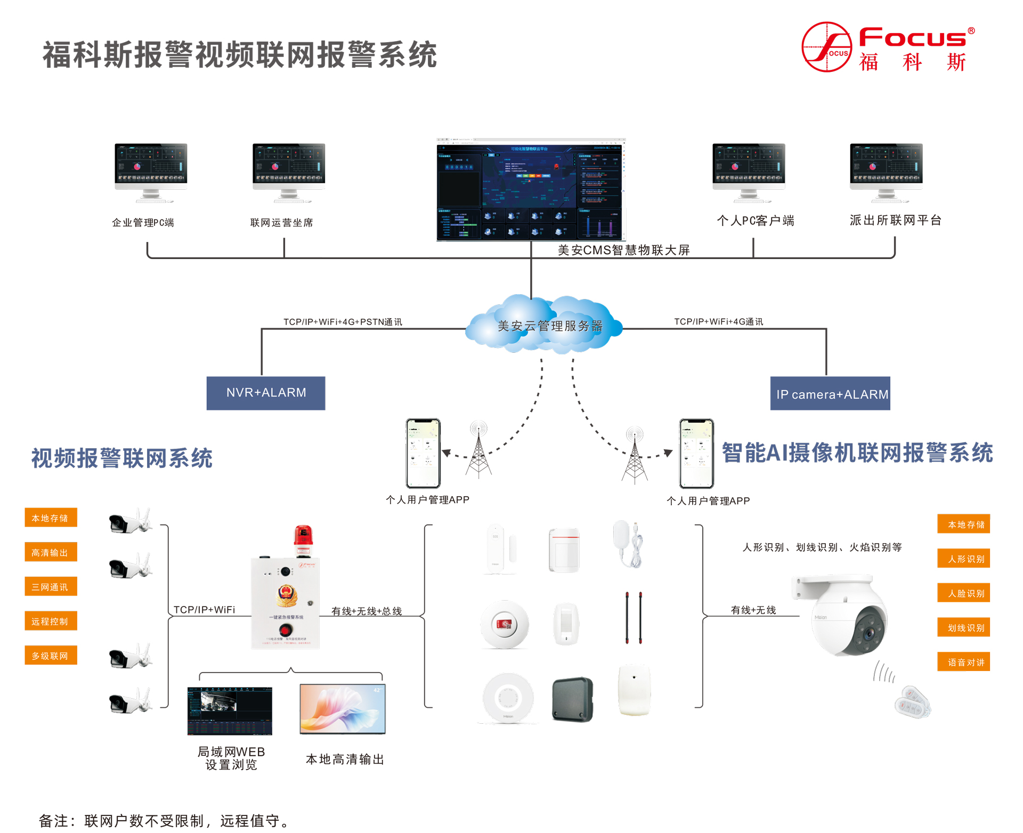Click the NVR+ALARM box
pyautogui.click(x=265, y=393)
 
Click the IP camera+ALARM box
pyautogui.click(x=830, y=394)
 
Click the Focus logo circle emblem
pyautogui.click(x=826, y=47)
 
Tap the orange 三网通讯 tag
pyautogui.click(x=51, y=587)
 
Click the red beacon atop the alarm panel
pyautogui.click(x=303, y=539)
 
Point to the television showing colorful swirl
pyautogui.click(x=343, y=709)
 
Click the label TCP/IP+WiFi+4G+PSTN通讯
pyautogui.click(x=343, y=322)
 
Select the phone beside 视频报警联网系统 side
pyautogui.click(x=423, y=454)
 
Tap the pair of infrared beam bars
pyautogui.click(x=634, y=618)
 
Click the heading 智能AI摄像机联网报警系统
pyautogui.click(x=857, y=453)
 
